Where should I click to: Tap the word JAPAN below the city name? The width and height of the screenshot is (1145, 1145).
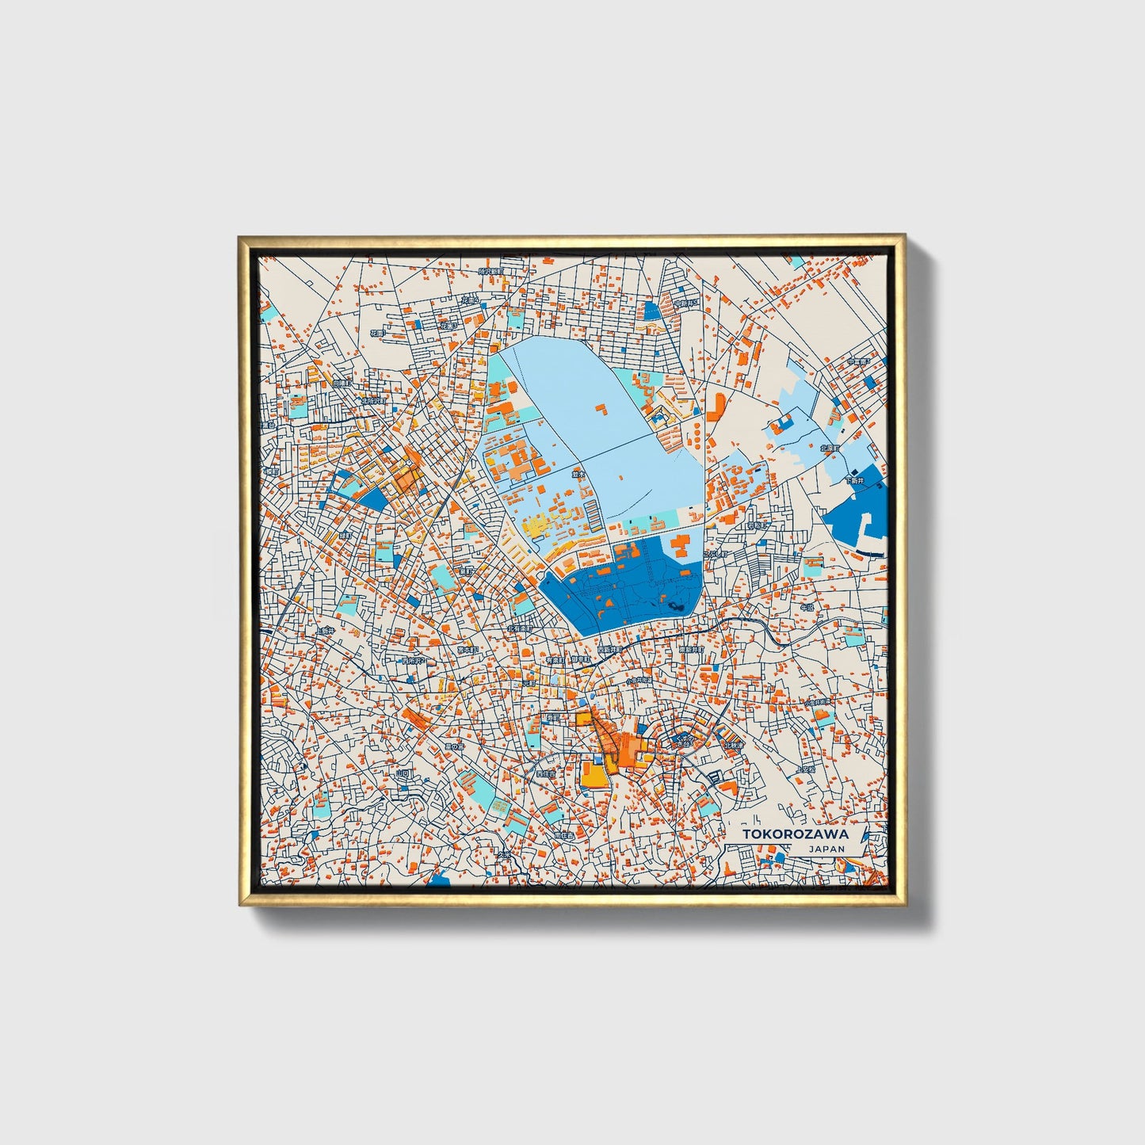pos(826,849)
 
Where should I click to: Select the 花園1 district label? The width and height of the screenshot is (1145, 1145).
pos(448,326)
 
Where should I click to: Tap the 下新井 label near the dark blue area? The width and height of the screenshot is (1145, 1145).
pos(854,480)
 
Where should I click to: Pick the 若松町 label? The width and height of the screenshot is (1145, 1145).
pos(758,525)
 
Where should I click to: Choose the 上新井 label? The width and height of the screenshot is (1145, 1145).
pos(325,631)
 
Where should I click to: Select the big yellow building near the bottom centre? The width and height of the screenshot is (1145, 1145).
pos(593,775)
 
